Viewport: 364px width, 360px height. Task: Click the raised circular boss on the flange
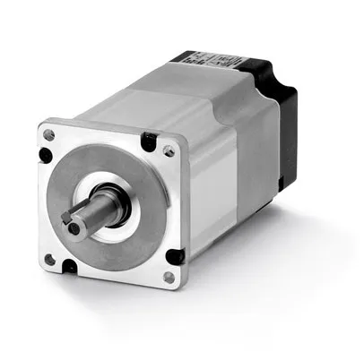[x=134, y=170]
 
